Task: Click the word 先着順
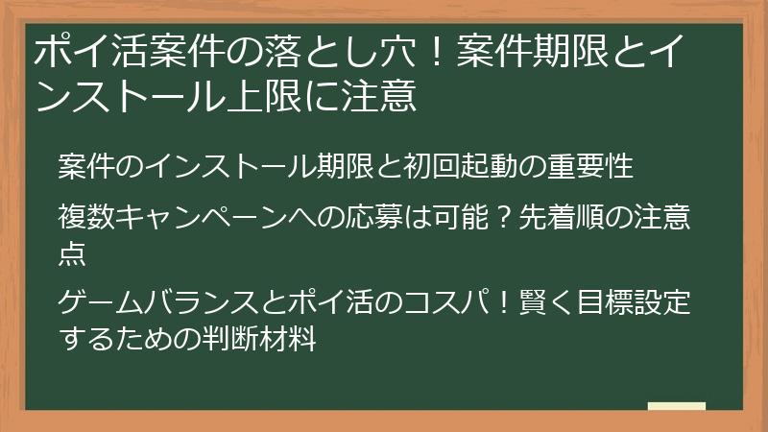(557, 219)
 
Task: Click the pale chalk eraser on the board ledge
(677, 406)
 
